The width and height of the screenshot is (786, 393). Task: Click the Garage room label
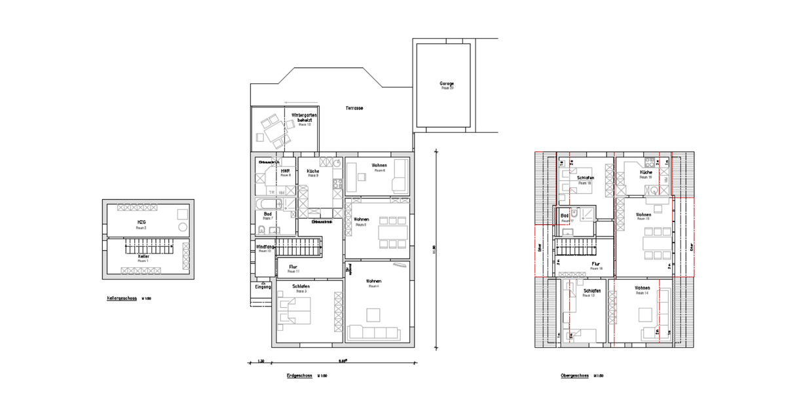coord(447,84)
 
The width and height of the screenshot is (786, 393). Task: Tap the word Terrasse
coord(354,108)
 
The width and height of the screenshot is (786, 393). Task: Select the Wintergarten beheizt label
coord(304,119)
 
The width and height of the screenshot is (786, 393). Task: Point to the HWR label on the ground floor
coord(285,171)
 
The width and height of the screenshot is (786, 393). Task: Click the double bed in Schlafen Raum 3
coord(293,310)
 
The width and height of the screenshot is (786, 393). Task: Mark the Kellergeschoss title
coord(122,299)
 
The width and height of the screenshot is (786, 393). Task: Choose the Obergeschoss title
coord(575,376)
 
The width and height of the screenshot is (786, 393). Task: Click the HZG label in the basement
coord(141,223)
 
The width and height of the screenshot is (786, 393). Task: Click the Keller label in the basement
coord(143,256)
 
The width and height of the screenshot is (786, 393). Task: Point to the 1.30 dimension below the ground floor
coord(260,362)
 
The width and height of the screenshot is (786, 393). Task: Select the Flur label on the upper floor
coord(596,264)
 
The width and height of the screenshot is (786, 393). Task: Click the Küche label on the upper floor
coord(646,172)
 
